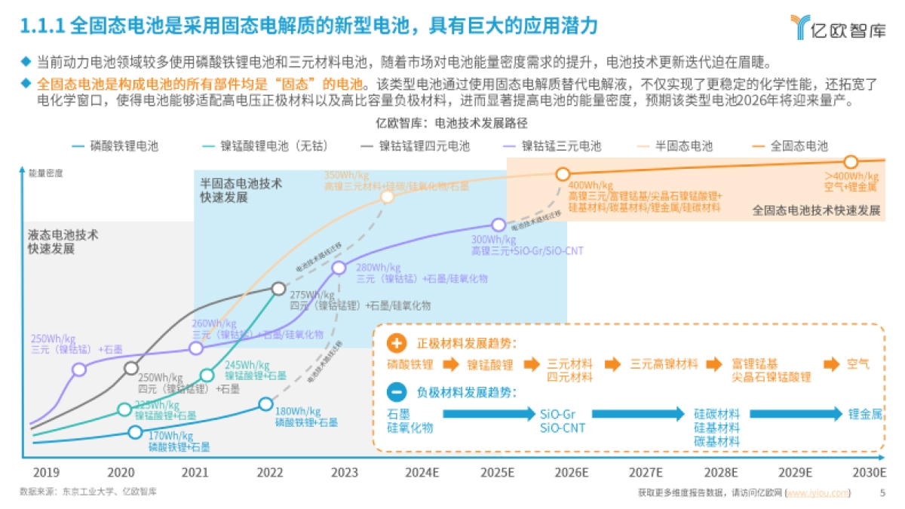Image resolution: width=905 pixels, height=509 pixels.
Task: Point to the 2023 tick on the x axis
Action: (x=345, y=473)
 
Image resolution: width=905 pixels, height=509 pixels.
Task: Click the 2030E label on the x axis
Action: (x=869, y=473)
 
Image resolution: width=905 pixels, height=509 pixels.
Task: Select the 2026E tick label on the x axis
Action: (x=572, y=473)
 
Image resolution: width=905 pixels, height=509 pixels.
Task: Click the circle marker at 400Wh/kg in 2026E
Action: (x=563, y=174)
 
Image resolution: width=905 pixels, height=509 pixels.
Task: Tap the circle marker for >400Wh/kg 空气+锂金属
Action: (x=851, y=162)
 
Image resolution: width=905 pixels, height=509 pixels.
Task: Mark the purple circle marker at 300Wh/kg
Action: (x=499, y=225)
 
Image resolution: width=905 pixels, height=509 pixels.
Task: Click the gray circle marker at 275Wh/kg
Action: (x=278, y=288)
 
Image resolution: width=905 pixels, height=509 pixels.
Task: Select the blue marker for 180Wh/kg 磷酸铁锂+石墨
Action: (x=265, y=403)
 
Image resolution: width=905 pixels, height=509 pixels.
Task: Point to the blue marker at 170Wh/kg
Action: (x=135, y=432)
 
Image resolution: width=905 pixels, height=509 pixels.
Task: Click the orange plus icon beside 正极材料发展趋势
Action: (x=397, y=344)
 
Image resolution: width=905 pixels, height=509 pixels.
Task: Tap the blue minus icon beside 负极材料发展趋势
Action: (x=397, y=392)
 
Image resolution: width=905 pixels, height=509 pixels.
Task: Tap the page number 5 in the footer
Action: (x=883, y=493)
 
